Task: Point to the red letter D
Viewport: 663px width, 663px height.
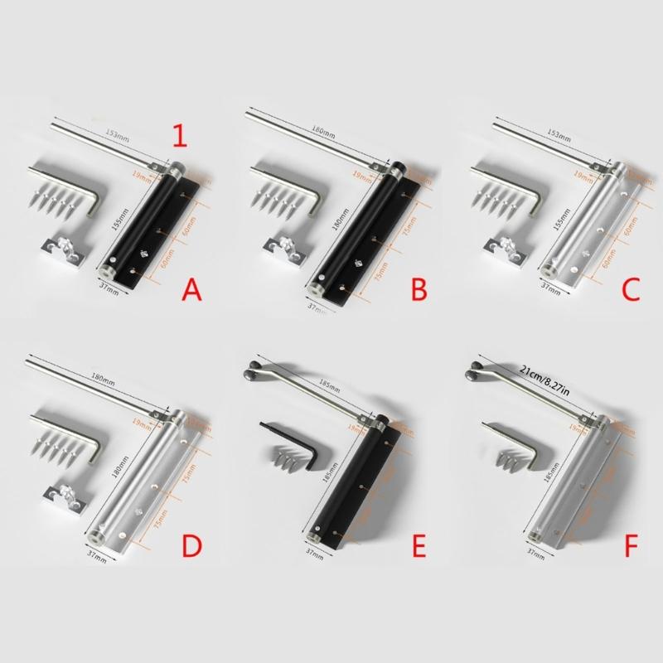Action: (192, 547)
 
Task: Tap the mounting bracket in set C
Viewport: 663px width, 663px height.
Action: (503, 252)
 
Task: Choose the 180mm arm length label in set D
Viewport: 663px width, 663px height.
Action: (104, 381)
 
